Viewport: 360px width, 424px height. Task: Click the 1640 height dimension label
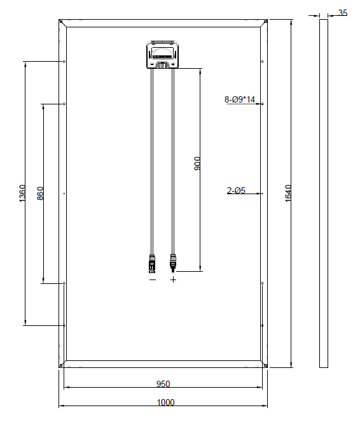coord(288,193)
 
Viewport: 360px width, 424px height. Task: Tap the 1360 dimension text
coord(22,193)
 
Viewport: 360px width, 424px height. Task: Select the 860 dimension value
coord(40,194)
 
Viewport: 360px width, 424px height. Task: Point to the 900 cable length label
coord(197,164)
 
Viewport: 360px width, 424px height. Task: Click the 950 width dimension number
coord(163,384)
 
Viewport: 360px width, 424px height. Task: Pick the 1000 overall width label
coord(166,402)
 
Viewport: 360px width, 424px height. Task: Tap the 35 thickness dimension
coord(343,13)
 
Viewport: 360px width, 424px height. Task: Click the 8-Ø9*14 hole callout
coord(240,99)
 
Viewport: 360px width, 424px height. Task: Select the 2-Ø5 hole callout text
coord(237,190)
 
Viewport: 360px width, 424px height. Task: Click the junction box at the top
coord(163,55)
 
